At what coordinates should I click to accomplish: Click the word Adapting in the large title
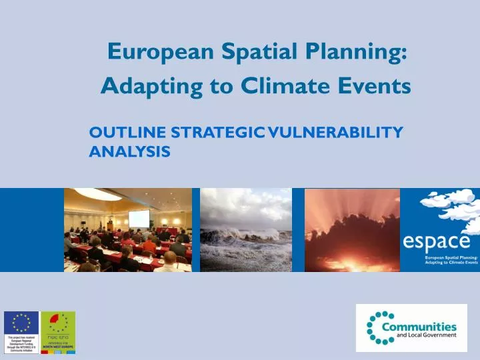coord(139,86)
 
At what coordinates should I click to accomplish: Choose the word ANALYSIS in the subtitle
coord(129,152)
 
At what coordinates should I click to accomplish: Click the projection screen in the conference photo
coord(139,219)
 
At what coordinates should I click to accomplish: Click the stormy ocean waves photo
coord(245,230)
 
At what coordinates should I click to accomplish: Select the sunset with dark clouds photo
coord(352,230)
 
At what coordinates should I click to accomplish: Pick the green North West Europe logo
coord(58,327)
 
